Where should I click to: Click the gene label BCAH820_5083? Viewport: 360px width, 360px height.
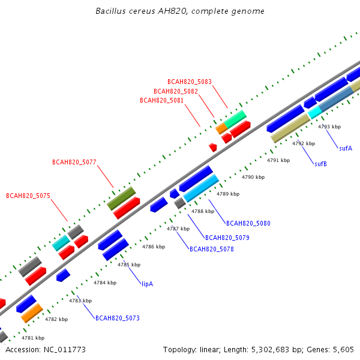point(190,82)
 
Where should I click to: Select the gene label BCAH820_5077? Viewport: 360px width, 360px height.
point(74,162)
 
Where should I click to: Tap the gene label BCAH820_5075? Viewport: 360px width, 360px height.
point(28,196)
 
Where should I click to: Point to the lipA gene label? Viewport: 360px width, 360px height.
point(147,284)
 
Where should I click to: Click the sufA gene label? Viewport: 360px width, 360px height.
point(346,148)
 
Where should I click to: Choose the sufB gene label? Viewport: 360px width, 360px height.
point(320,164)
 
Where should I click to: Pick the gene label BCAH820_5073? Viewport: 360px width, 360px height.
point(118,318)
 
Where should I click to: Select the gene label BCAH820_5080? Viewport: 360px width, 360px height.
point(248,223)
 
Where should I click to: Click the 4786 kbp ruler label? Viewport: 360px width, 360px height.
point(154,247)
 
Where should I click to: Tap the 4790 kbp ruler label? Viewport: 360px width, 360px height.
point(253,177)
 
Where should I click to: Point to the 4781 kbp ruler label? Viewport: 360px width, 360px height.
point(33,338)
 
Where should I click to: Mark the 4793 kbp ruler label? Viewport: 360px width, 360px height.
point(329,127)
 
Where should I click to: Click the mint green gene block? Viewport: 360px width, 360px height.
point(235,119)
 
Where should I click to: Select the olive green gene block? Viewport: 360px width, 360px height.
point(121,199)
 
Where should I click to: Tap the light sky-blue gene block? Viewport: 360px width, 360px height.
point(201,188)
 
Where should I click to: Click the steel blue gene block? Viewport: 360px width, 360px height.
point(336,99)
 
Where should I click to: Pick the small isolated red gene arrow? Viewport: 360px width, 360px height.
point(213,148)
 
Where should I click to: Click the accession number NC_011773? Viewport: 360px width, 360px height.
point(65,350)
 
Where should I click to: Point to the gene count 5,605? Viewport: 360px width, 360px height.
point(343,350)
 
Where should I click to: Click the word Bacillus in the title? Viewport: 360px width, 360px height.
point(110,11)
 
